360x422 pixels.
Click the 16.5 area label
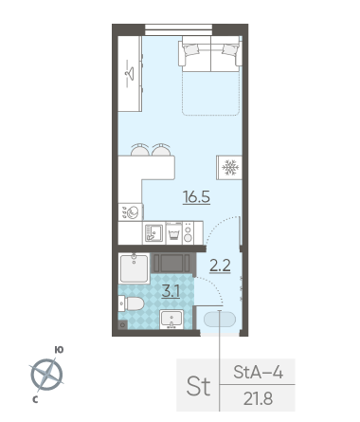point(196,197)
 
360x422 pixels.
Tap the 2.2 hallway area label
point(220,266)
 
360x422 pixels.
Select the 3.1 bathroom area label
point(171,291)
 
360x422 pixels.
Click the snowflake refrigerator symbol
point(230,168)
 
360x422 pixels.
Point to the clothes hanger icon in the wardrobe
point(130,73)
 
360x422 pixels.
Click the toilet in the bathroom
point(131,303)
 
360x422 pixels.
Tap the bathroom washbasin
point(171,320)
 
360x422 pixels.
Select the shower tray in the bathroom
point(134,268)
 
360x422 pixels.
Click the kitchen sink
point(153,233)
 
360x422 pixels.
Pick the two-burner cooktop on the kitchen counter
point(188,233)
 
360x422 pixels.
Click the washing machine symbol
point(131,212)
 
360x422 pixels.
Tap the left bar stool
point(140,150)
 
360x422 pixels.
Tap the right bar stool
point(161,150)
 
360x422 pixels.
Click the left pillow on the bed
point(191,49)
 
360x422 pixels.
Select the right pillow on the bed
point(230,49)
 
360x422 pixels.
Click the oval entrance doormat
point(220,320)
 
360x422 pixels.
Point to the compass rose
point(47,375)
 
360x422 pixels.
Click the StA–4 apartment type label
point(258,372)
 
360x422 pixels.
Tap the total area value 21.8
point(258,398)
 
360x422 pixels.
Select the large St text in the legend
point(198,386)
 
